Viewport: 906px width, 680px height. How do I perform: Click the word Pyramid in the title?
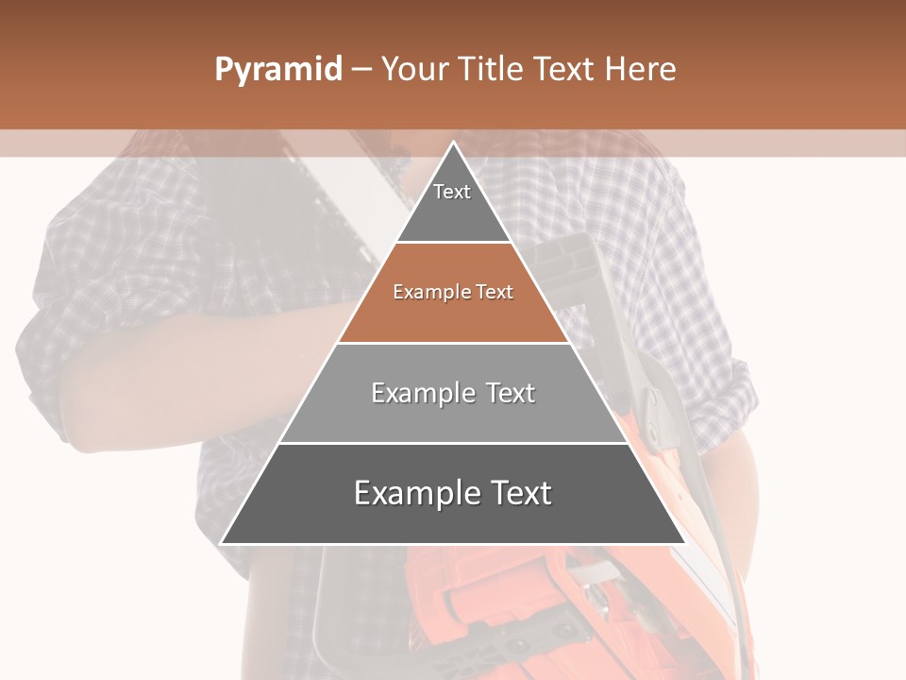(x=277, y=70)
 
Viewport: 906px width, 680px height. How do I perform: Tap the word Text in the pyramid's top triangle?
(x=452, y=192)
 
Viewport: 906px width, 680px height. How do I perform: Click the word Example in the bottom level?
(x=415, y=493)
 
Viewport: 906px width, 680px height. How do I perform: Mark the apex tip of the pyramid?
(x=453, y=143)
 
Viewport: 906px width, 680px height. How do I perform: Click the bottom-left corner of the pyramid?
(x=222, y=543)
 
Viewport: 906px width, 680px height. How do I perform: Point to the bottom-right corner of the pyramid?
(x=684, y=543)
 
